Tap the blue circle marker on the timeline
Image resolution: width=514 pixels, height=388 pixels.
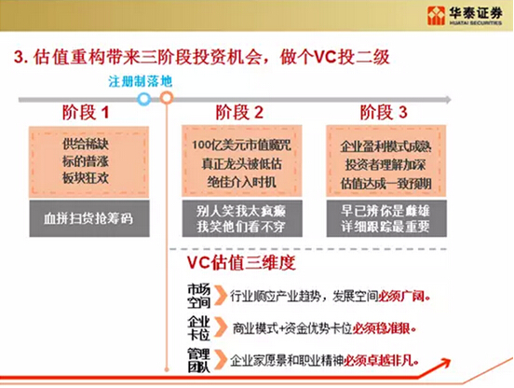coord(143,96)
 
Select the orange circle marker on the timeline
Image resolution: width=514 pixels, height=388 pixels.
coord(166,96)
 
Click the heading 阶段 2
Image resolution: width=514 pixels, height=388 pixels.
coord(240,113)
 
